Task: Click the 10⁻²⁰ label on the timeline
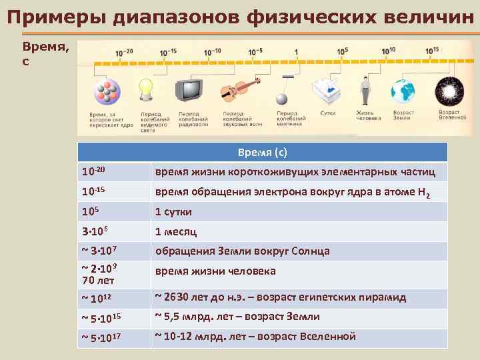(x=124, y=51)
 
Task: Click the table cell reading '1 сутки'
(x=173, y=212)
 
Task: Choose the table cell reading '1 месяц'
(x=176, y=232)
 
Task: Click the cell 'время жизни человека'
(x=215, y=271)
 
